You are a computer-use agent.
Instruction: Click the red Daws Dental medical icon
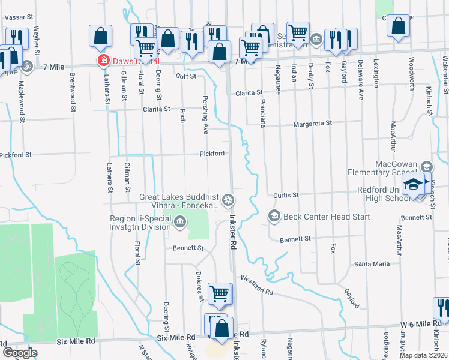(x=103, y=61)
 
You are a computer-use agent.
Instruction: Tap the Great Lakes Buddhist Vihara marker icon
(x=228, y=199)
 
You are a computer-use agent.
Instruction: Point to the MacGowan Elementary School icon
(x=426, y=167)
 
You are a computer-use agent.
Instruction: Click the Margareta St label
(x=312, y=124)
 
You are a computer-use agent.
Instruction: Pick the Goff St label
(x=186, y=76)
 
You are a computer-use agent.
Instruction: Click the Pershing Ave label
(x=205, y=113)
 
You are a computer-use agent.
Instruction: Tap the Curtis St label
(x=286, y=195)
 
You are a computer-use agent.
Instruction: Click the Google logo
(x=19, y=352)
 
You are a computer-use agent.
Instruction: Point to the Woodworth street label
(x=412, y=74)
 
